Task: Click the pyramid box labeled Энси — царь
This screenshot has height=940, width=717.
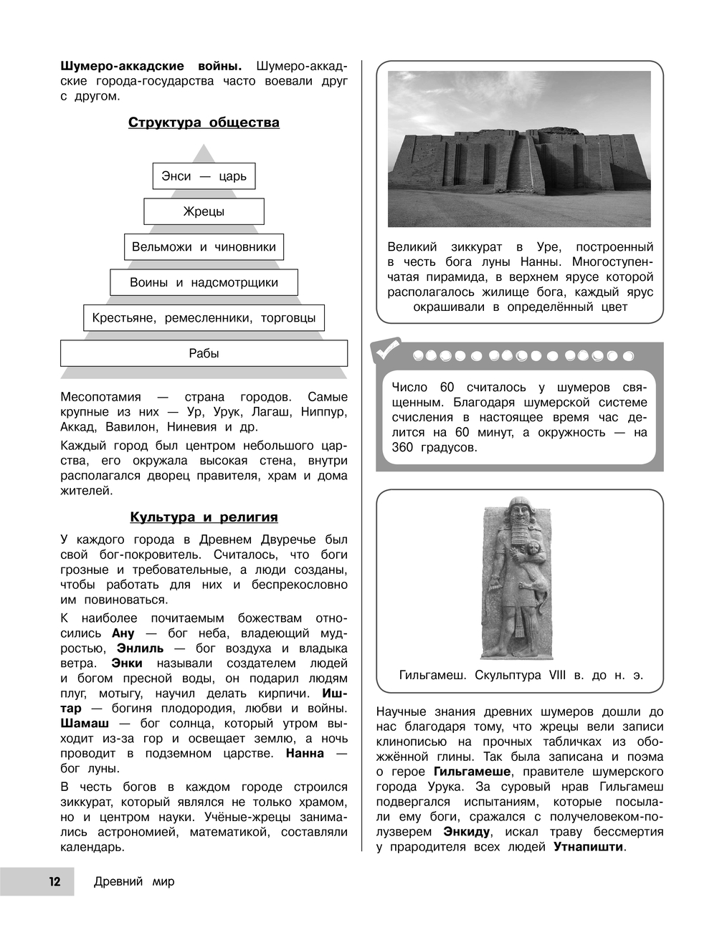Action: point(204,176)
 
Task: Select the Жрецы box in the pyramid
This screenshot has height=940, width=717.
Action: point(204,211)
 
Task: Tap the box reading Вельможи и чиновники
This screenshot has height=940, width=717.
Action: point(204,247)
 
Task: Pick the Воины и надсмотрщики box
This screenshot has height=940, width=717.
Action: point(204,282)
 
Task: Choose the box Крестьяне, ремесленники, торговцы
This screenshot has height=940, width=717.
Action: point(204,318)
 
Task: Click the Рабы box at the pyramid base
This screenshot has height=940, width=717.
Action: point(204,353)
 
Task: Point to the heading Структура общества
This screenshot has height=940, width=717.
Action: point(204,123)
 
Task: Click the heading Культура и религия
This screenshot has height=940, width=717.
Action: point(204,517)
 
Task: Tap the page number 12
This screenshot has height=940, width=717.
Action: point(54,882)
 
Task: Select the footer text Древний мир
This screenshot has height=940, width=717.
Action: point(134,882)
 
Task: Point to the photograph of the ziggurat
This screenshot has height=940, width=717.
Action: point(519,149)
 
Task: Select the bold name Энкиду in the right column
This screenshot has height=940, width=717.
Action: point(467,832)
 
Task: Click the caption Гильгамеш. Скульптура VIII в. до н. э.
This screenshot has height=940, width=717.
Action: point(521,676)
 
